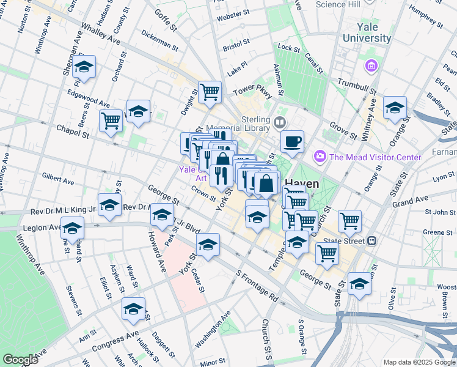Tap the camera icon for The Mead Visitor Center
point(320,157)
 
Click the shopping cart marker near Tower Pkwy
point(210,92)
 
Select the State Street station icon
point(371,240)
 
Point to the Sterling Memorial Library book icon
point(280,123)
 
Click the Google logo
point(20,360)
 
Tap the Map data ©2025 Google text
point(419,362)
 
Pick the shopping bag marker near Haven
point(266,183)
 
